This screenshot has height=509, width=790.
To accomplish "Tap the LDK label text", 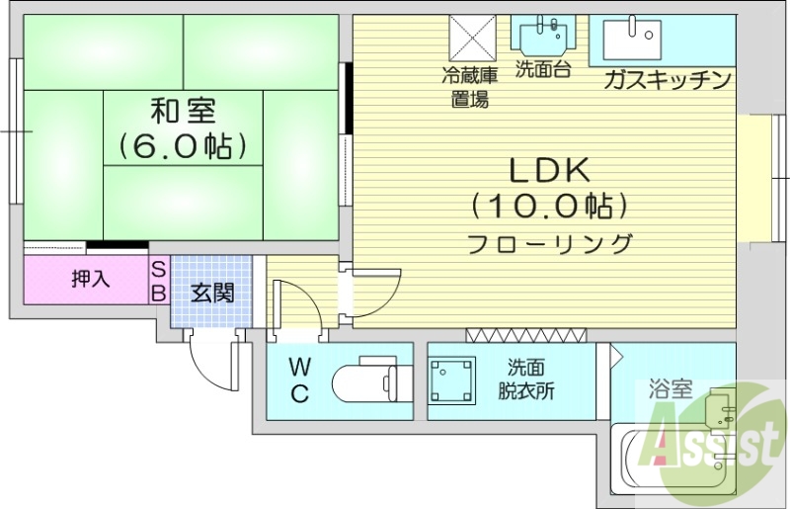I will pos(549,171).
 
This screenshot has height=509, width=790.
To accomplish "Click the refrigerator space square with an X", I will pos(472,38).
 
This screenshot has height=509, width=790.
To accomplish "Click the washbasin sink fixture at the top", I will pos(543,37).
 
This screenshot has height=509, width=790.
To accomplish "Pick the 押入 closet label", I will pos(90,280).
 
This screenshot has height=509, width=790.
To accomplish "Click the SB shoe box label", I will pos(158,281).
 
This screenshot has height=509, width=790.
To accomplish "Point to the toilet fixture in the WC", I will pos(371,381).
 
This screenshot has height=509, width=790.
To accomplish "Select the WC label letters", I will pos(299,381).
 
